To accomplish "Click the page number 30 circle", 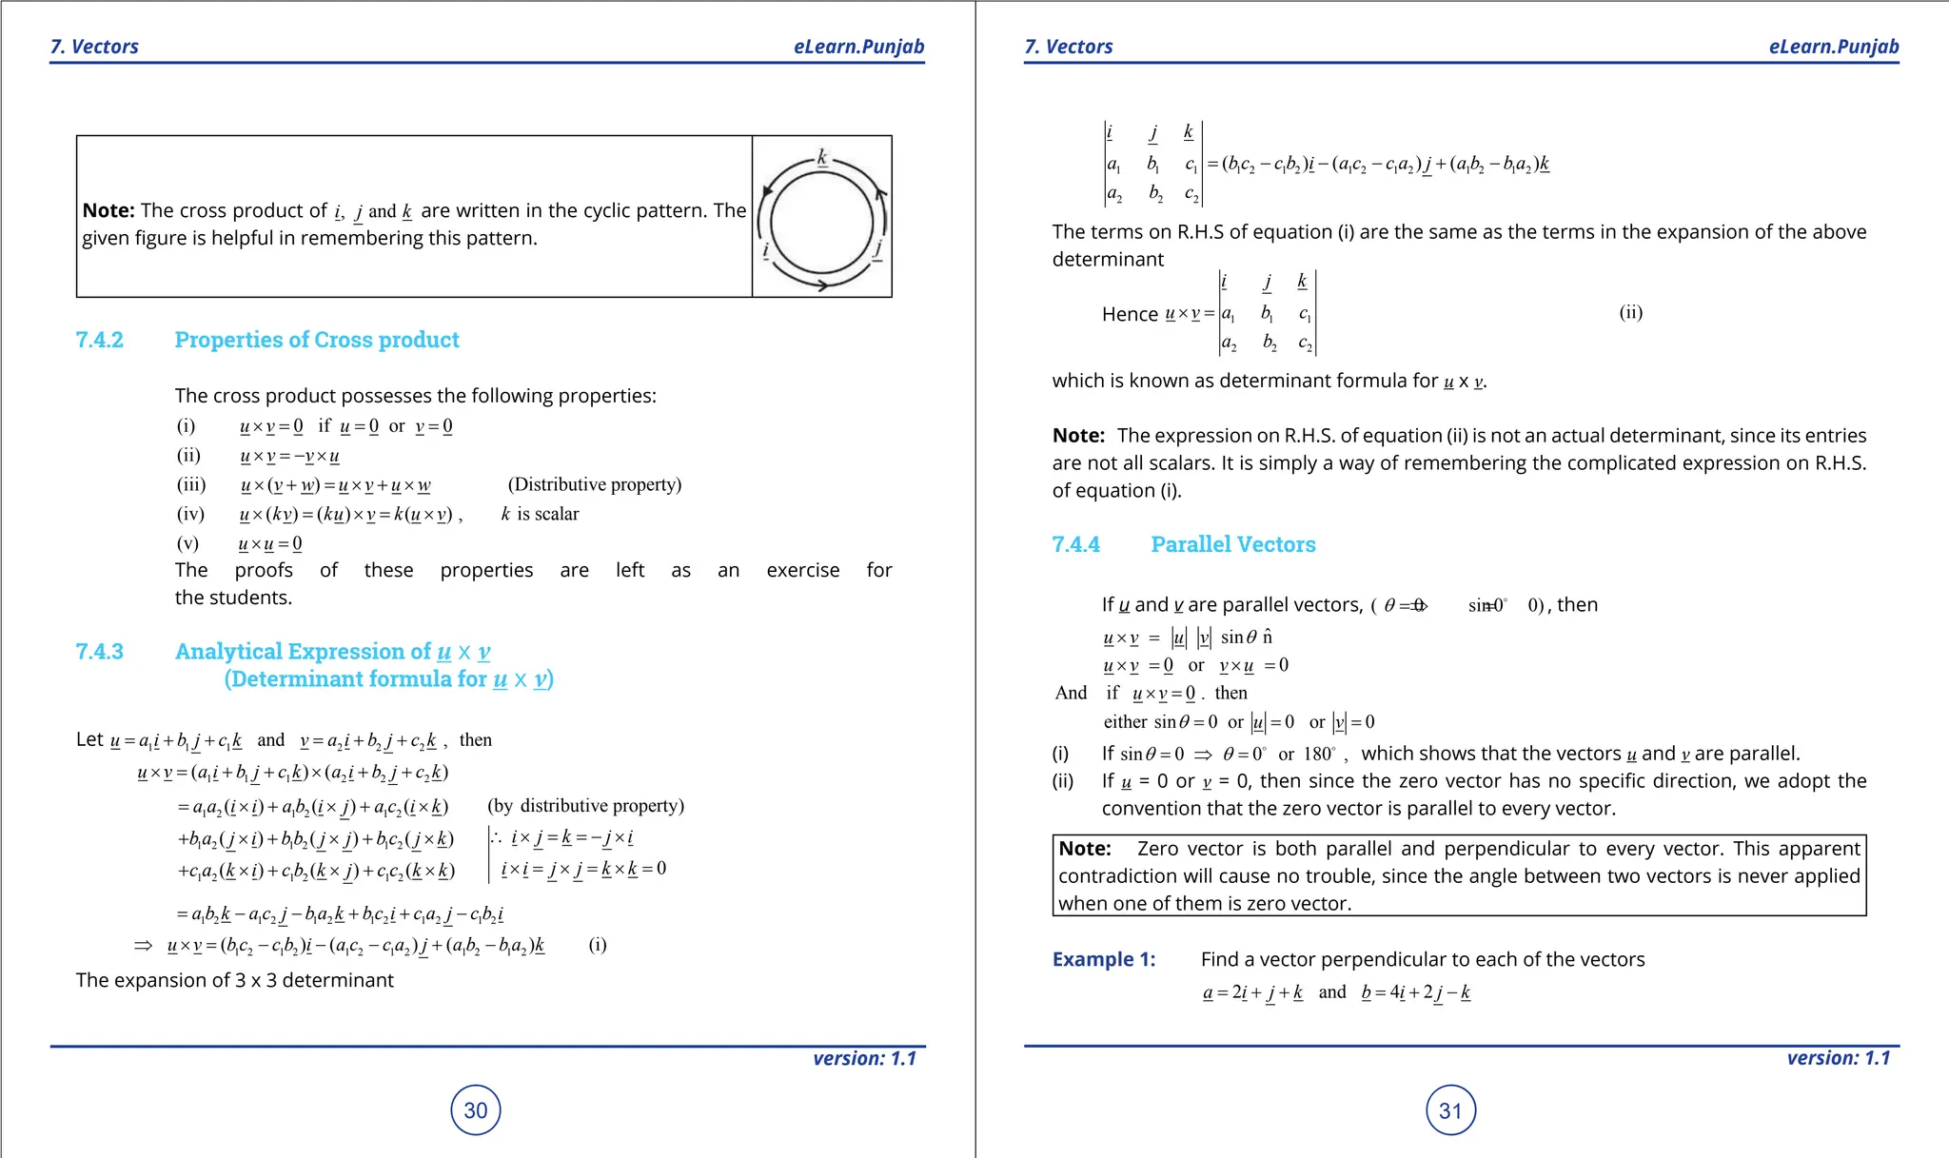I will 475,1109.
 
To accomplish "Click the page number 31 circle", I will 1450,1110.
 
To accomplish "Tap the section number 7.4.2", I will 100,340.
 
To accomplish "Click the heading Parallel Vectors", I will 1232,544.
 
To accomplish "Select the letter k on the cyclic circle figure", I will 822,158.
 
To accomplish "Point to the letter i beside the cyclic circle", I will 766,250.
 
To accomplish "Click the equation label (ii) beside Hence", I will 1630,312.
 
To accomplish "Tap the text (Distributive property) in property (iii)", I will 595,484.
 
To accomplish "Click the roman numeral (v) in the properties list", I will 187,543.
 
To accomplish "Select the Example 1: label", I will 1104,959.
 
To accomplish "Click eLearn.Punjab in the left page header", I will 858,47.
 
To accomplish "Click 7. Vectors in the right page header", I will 1068,47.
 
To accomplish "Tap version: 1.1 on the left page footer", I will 864,1058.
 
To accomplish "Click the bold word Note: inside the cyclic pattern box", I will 108,210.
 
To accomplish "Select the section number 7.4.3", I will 100,651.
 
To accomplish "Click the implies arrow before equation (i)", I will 143,945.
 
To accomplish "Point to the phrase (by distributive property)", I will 585,806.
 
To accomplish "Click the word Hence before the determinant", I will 1130,314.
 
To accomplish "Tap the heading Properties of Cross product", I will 317,340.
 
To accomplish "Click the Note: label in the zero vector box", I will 1085,849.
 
